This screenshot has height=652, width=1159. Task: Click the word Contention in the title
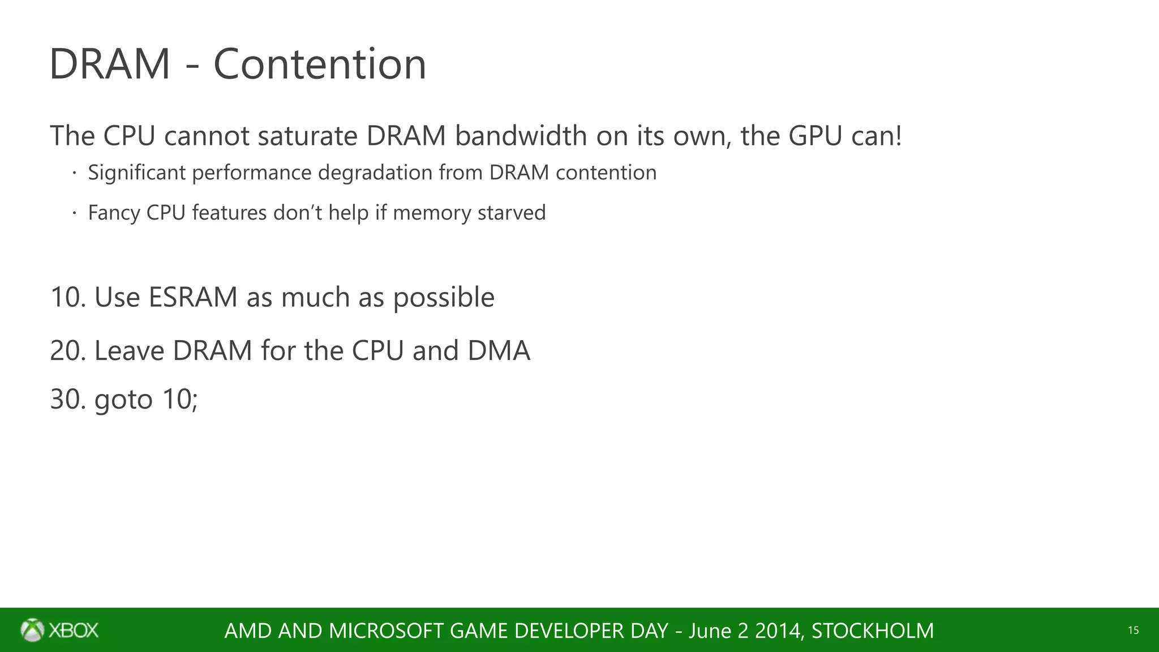click(320, 64)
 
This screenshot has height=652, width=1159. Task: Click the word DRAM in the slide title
click(110, 64)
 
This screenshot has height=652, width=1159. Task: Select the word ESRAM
click(192, 297)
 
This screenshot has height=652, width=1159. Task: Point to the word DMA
click(499, 350)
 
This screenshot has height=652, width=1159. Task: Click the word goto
click(123, 400)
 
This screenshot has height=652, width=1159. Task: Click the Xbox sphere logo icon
click(32, 630)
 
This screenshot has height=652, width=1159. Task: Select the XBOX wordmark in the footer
click(74, 630)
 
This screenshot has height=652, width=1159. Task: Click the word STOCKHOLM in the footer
click(873, 630)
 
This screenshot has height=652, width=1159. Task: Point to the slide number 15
click(1133, 630)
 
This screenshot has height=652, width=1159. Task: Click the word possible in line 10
click(444, 297)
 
